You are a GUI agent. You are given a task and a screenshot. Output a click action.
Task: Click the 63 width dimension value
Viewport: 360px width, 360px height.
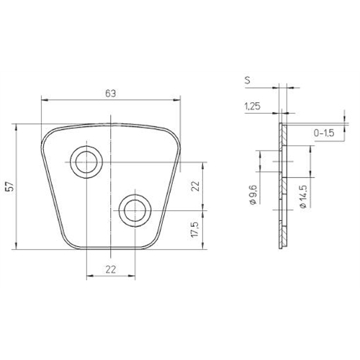[x=110, y=94]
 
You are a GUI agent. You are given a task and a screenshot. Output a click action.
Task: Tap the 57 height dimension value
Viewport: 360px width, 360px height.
[x=10, y=186]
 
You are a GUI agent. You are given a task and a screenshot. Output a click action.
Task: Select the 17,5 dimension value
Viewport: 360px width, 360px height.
[x=195, y=230]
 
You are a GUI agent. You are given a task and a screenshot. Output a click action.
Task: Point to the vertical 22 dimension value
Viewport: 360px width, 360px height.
[x=196, y=186]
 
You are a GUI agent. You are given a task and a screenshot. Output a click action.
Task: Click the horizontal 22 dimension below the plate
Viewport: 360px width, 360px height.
[x=111, y=269]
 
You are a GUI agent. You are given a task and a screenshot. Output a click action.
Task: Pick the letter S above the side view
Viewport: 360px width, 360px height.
[x=247, y=80]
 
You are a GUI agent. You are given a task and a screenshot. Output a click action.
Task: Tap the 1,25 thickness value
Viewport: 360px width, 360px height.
[x=252, y=106]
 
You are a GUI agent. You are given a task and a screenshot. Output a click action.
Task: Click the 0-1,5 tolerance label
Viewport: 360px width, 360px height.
[x=324, y=132]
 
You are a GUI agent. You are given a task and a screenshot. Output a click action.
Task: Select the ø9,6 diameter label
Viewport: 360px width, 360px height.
[x=253, y=194]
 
